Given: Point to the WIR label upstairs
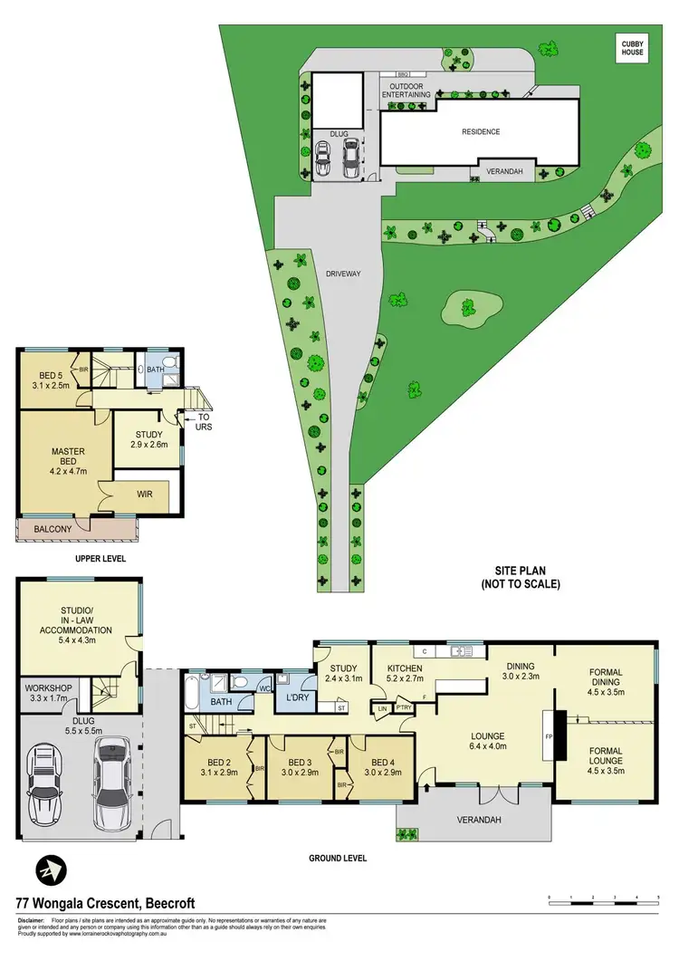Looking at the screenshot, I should tap(144, 495).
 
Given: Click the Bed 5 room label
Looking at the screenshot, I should tap(49, 379).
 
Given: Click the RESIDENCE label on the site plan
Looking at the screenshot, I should tap(481, 132).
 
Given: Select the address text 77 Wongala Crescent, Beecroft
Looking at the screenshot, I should tap(105, 904).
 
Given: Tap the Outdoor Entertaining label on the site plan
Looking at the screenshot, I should tap(405, 89).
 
